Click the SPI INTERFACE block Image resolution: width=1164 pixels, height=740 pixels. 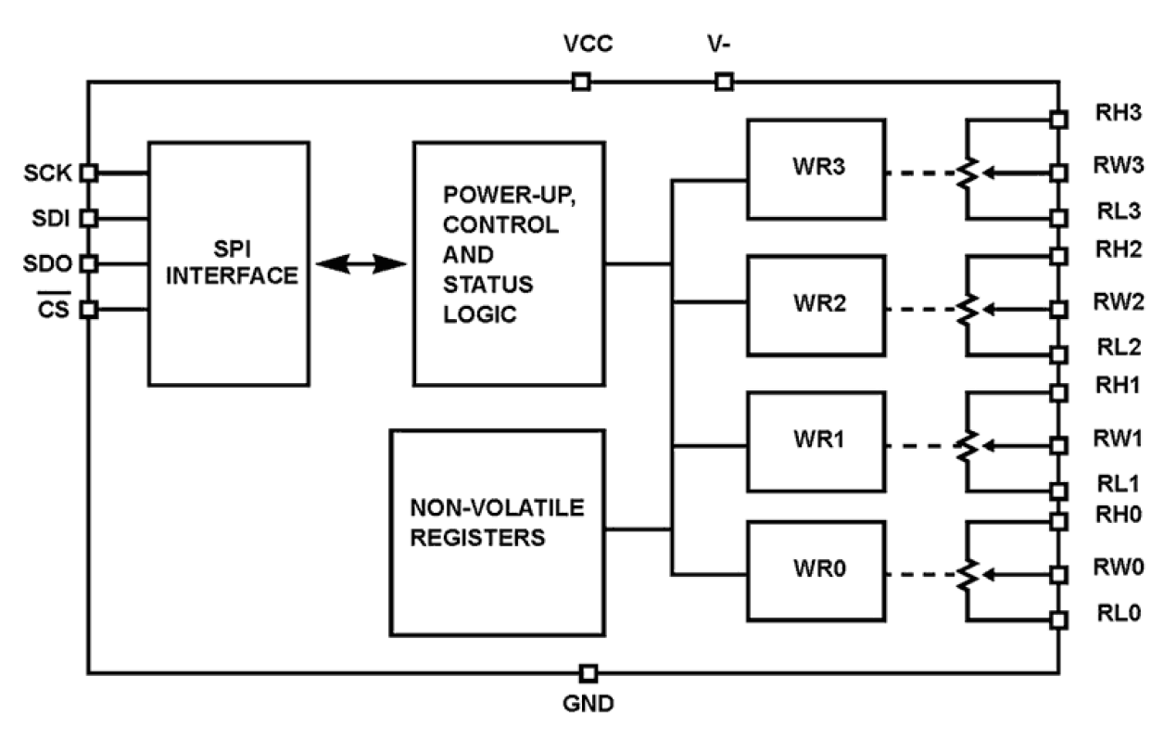[x=228, y=263]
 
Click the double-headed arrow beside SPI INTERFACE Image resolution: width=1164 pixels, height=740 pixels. [x=361, y=265]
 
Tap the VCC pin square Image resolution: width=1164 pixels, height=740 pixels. [x=580, y=82]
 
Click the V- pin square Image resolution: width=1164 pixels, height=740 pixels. [x=724, y=82]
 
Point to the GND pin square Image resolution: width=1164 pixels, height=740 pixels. [x=588, y=672]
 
